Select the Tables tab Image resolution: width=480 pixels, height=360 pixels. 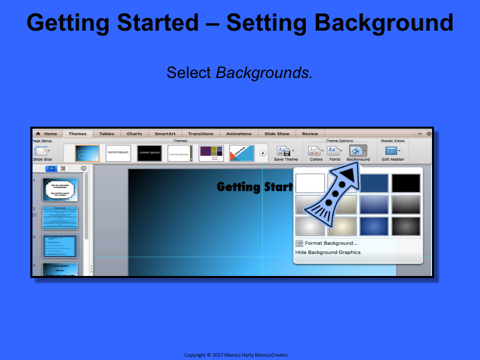pos(107,133)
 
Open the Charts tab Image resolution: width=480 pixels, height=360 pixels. pos(134,133)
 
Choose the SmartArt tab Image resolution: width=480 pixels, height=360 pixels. pos(165,133)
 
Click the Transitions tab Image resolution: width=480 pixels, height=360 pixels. pos(201,133)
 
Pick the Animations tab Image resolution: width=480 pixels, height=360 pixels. pos(239,133)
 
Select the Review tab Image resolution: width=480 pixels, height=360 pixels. pos(310,133)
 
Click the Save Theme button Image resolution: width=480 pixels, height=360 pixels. pos(286,154)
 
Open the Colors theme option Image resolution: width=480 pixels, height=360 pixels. pos(315,154)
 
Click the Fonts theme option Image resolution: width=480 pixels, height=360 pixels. pos(334,154)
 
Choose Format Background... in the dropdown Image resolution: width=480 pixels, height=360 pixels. pos(331,243)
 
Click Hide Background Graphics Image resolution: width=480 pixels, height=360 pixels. pos(328,253)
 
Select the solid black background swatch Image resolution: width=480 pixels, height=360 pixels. pos(406,183)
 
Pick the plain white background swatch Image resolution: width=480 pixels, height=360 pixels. pos(310,183)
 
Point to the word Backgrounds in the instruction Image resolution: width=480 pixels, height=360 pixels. pos(263,72)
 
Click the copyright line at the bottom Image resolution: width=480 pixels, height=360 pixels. pos(240,355)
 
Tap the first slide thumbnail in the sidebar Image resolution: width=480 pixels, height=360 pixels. pos(61,190)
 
